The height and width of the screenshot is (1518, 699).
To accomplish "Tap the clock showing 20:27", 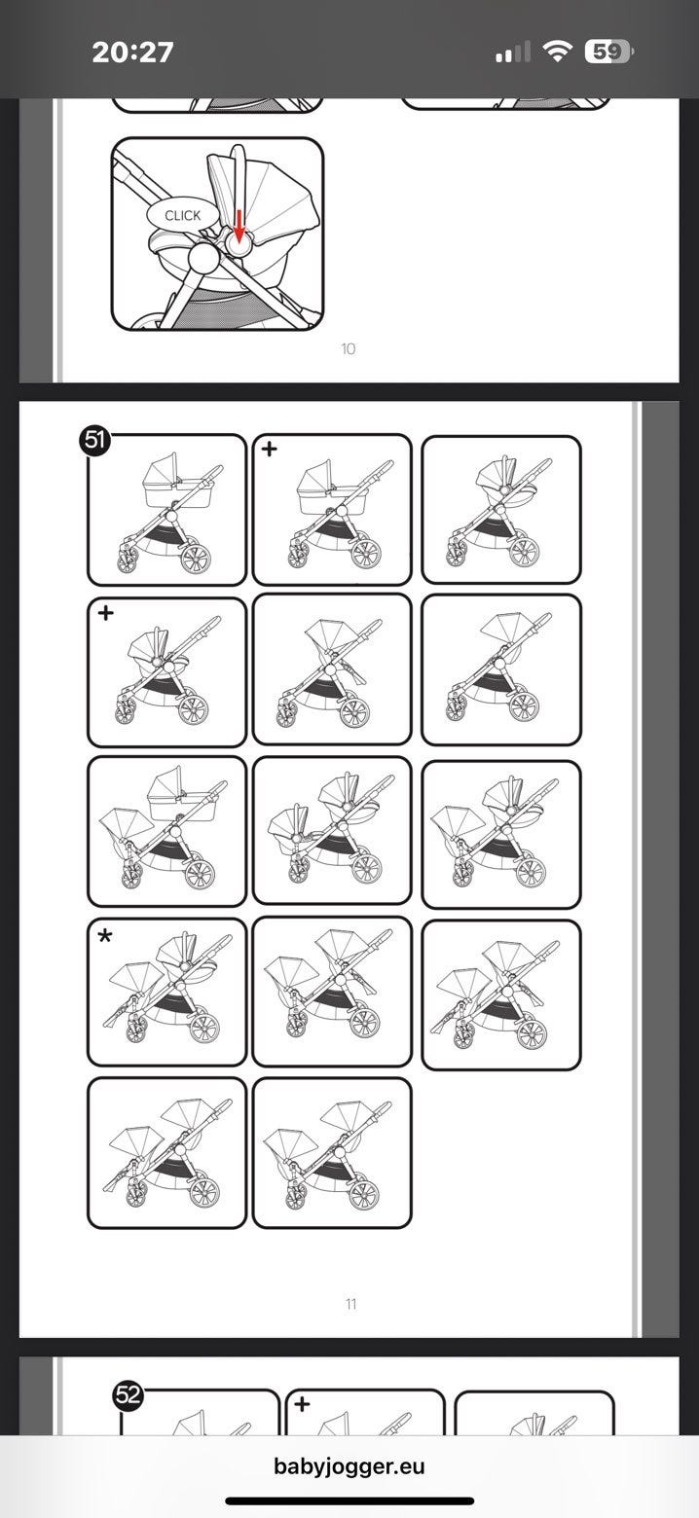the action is click(132, 53).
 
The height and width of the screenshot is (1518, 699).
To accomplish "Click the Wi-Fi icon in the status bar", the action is click(557, 51).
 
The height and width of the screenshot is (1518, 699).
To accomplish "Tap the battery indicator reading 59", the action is click(608, 52).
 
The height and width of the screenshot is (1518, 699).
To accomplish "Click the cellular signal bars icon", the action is click(512, 53).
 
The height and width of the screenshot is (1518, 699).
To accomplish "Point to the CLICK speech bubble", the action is click(183, 215).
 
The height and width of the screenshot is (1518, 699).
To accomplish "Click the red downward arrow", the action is click(239, 226).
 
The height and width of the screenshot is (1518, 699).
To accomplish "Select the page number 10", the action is click(348, 349).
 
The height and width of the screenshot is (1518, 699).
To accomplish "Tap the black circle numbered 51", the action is click(94, 441).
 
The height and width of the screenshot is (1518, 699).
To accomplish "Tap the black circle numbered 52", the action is click(129, 1394).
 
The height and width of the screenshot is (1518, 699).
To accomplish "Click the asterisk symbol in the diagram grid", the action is click(105, 936).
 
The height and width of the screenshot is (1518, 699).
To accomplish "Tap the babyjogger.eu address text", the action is click(349, 1465).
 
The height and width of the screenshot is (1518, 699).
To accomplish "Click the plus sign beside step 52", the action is click(303, 1403).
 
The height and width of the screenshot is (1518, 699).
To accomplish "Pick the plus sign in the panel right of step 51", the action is click(269, 448).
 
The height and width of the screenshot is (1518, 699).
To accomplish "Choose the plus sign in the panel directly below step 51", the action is click(106, 613).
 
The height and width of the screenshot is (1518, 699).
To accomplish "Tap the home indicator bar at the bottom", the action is click(349, 1500).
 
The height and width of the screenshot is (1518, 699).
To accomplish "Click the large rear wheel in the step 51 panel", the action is click(196, 557).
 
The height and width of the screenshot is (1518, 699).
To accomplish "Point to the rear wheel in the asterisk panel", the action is click(204, 1028).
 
